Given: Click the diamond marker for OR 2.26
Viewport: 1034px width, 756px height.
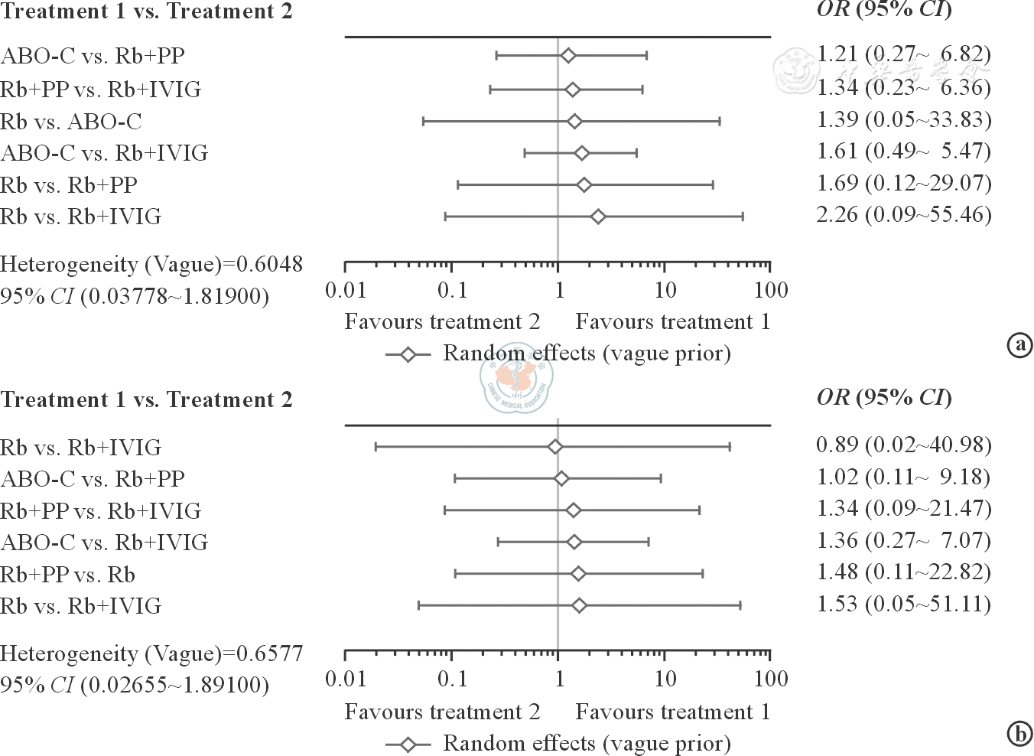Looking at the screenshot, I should [598, 217].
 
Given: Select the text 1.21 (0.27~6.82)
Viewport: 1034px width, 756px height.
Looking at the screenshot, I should [903, 54].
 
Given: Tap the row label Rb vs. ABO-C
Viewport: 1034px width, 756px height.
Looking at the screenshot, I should [71, 122].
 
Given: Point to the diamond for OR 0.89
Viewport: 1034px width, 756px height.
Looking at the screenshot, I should [555, 447].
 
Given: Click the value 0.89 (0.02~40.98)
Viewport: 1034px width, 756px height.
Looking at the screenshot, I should [903, 445].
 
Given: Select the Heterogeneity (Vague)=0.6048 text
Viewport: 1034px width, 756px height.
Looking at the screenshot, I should [151, 265].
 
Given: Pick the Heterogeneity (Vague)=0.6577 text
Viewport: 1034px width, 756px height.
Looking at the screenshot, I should [151, 653].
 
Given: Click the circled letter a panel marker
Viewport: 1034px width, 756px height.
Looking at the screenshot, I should [1019, 345].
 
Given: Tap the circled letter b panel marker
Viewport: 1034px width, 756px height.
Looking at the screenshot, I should [1019, 735].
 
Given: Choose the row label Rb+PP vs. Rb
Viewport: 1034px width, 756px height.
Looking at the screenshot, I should [67, 574].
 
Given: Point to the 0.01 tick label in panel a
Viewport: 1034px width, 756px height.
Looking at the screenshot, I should [346, 291].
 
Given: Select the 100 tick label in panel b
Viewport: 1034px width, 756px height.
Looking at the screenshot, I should [770, 679].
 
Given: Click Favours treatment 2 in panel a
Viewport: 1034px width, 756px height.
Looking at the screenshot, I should [442, 322].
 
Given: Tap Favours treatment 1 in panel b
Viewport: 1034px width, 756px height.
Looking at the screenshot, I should [672, 712].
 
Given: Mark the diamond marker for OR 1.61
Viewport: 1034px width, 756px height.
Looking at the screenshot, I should [581, 153].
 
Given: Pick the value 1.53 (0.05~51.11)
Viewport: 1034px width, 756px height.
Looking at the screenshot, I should [903, 604].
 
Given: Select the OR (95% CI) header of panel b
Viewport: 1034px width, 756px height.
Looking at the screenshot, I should [884, 397].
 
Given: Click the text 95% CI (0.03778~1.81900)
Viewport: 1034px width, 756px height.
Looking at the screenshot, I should [135, 296].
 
